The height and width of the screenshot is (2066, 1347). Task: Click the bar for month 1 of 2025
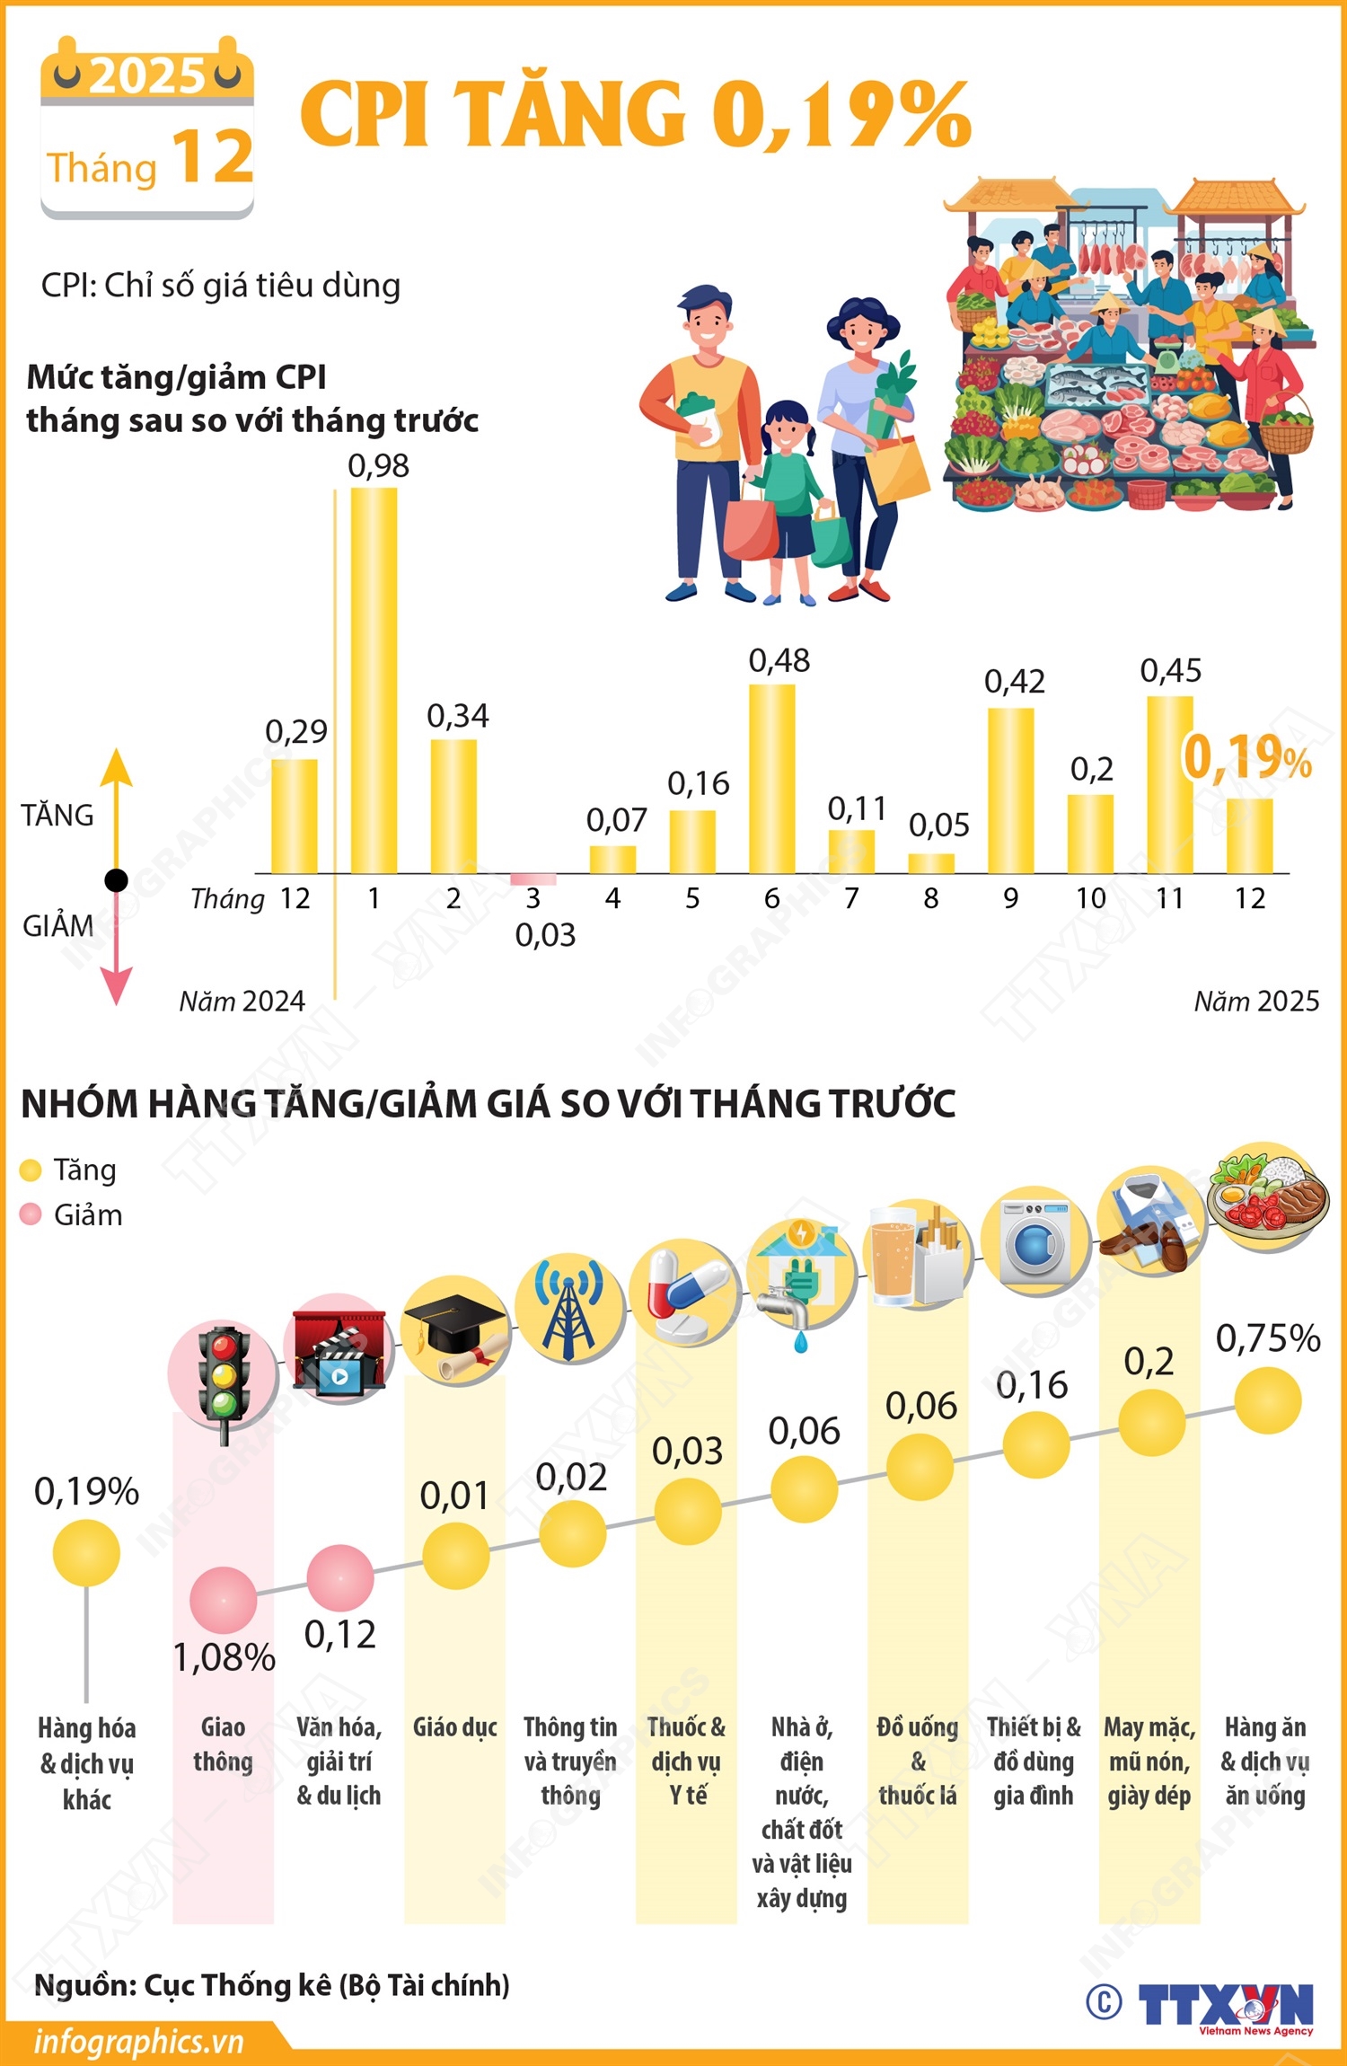click(374, 680)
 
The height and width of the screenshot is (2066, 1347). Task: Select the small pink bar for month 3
click(533, 879)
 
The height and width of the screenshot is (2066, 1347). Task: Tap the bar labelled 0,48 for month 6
click(771, 778)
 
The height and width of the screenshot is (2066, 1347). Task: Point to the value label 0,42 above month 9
click(1014, 682)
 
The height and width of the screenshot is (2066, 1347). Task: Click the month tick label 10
click(1090, 898)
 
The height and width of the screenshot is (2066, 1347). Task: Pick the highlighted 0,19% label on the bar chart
click(1246, 757)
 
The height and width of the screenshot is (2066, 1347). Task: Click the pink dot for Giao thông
click(223, 1600)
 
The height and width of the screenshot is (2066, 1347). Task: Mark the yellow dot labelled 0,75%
click(1267, 1400)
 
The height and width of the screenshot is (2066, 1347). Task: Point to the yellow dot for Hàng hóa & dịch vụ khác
click(86, 1552)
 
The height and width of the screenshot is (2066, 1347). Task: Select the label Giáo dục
click(454, 1726)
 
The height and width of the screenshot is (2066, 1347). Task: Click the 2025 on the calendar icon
click(147, 75)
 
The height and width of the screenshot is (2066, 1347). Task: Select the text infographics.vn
click(138, 2042)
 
